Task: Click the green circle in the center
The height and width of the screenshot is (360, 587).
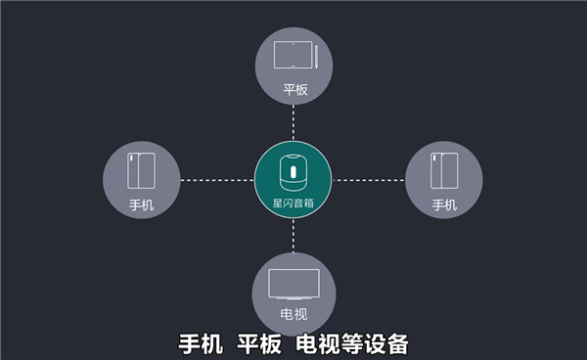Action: (x=293, y=180)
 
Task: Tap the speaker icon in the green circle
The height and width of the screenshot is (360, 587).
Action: (x=293, y=170)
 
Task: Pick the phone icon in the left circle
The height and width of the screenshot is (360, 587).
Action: (x=142, y=172)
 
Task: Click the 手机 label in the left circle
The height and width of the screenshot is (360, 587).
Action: (x=142, y=205)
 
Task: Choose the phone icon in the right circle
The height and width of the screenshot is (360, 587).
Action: (x=444, y=172)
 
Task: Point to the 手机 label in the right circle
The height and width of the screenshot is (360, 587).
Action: (x=444, y=205)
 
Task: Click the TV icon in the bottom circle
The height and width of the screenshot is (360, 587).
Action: (x=293, y=284)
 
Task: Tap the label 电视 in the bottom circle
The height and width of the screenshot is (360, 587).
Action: (x=293, y=316)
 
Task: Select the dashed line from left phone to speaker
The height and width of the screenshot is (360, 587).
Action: (x=217, y=180)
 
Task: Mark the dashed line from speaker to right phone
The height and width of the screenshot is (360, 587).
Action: (x=369, y=180)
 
